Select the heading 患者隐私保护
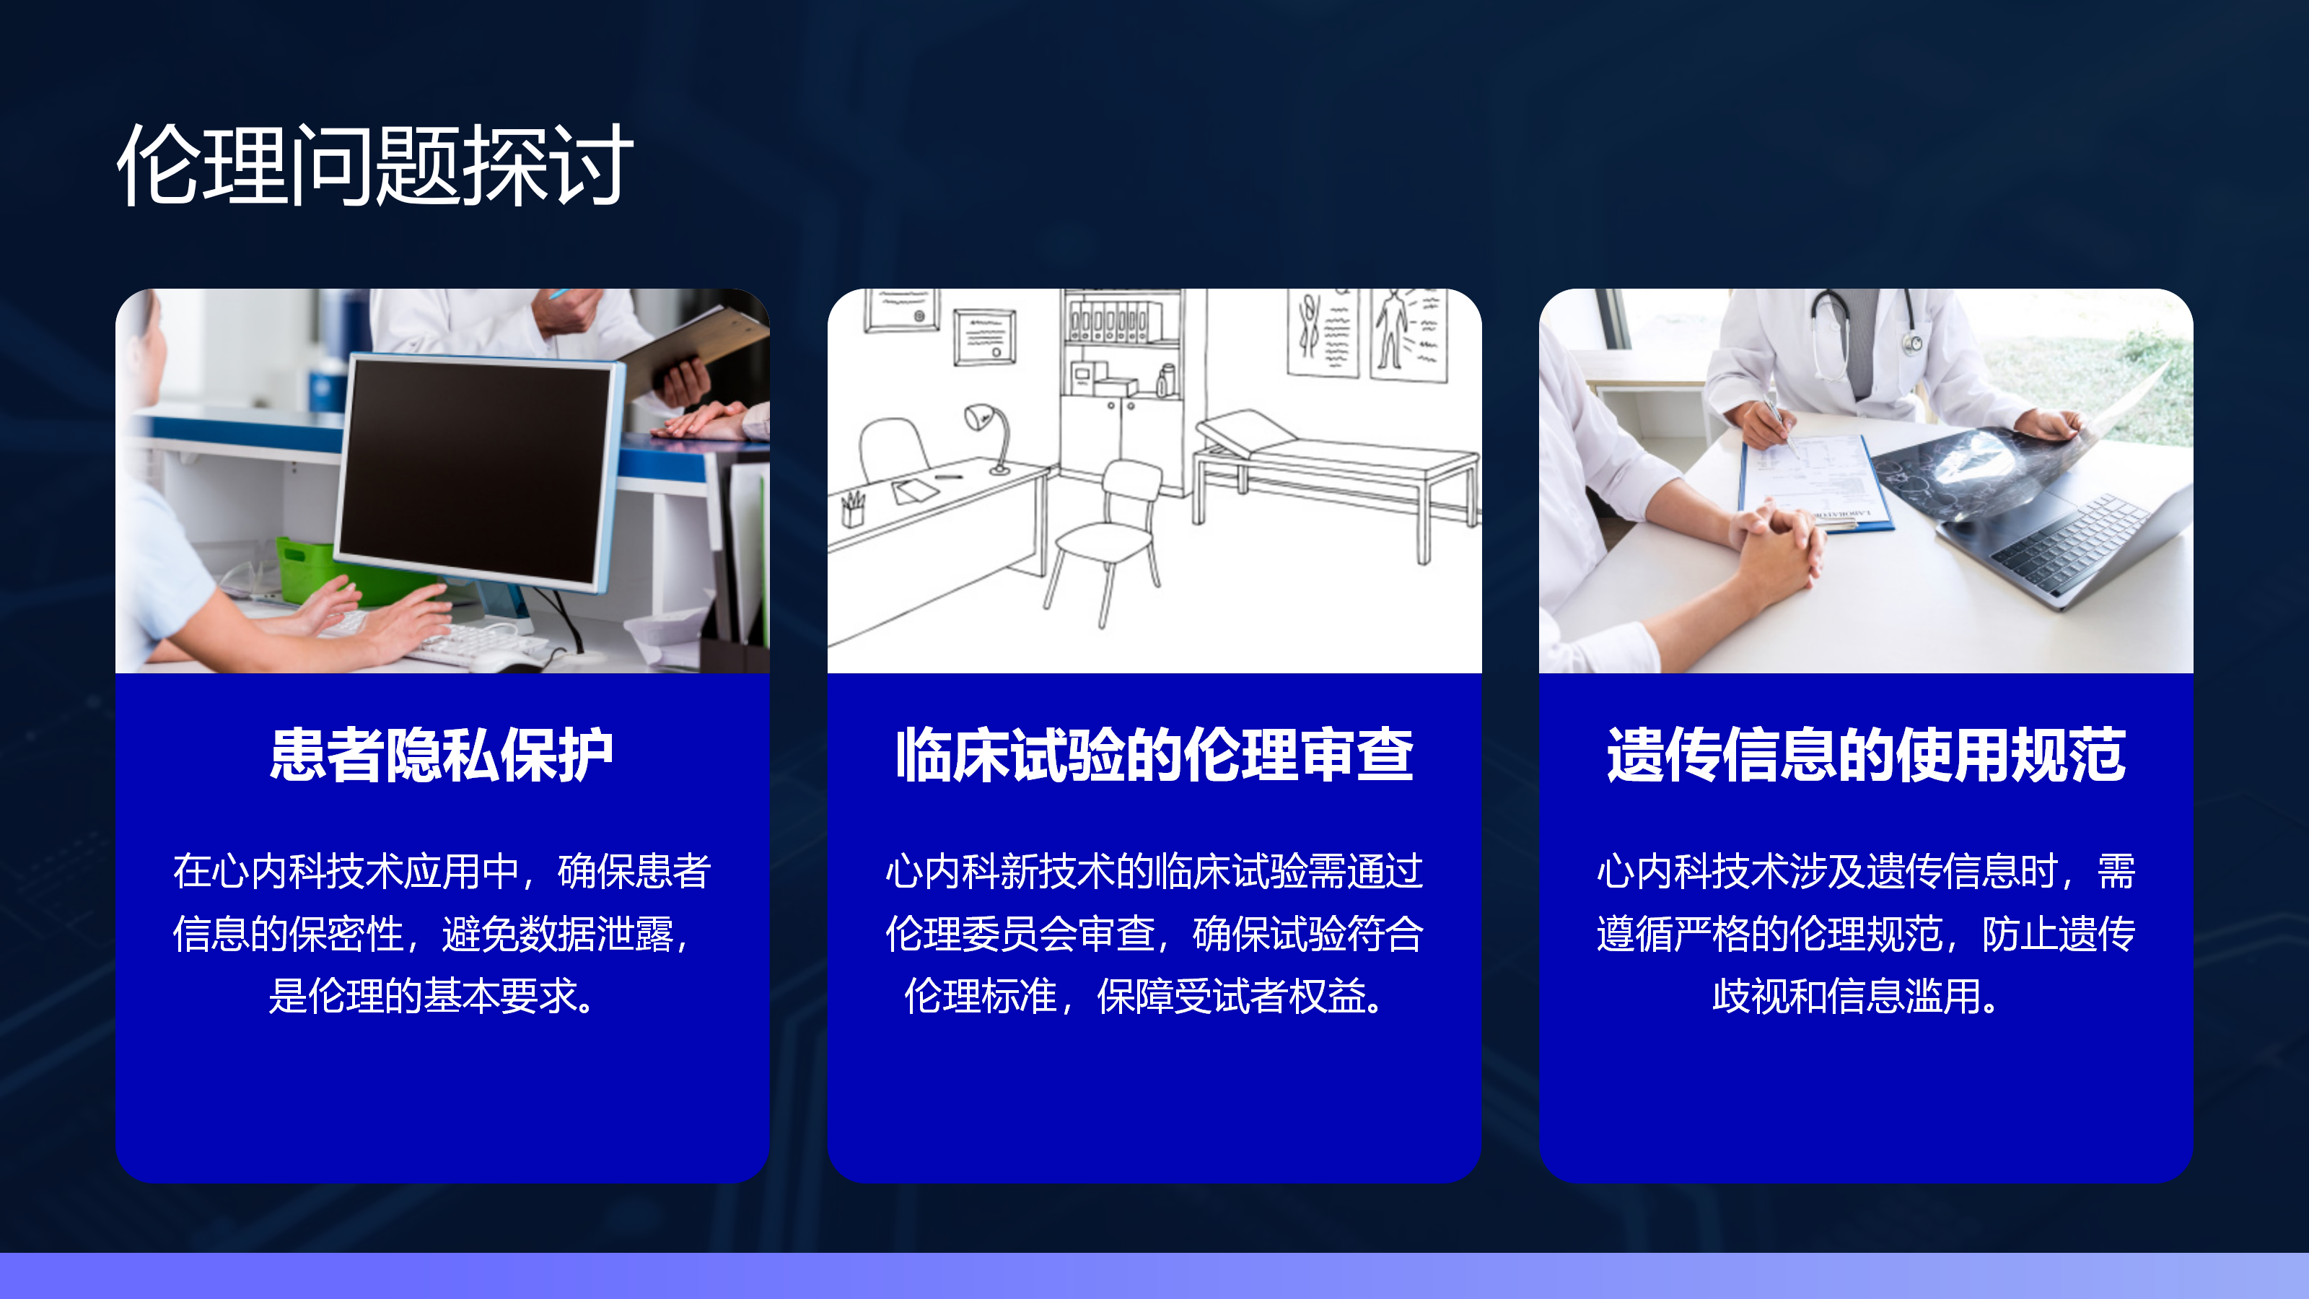[x=442, y=755]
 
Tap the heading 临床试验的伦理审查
[x=1154, y=755]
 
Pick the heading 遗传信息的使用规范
[x=1866, y=755]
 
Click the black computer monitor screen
[x=475, y=471]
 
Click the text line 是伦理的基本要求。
[x=433, y=996]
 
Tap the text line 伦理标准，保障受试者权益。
[x=1146, y=996]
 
